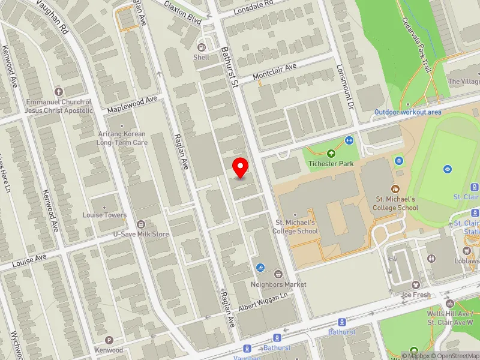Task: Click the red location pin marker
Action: tap(241, 167)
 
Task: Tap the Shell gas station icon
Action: tap(202, 47)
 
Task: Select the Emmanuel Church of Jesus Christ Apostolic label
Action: tap(59, 106)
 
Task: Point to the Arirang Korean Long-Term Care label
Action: tap(123, 139)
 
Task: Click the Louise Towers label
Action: tap(105, 215)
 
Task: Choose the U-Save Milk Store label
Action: tap(141, 233)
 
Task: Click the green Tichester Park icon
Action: tap(331, 154)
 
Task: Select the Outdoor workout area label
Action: tap(408, 112)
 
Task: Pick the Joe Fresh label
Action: tap(416, 295)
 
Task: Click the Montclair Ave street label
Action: tap(275, 73)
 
